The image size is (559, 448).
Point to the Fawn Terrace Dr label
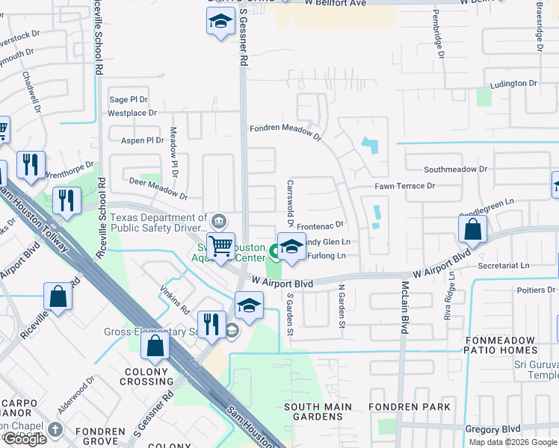(404, 186)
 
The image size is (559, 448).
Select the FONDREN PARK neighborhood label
(410, 407)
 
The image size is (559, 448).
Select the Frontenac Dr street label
(319, 224)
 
